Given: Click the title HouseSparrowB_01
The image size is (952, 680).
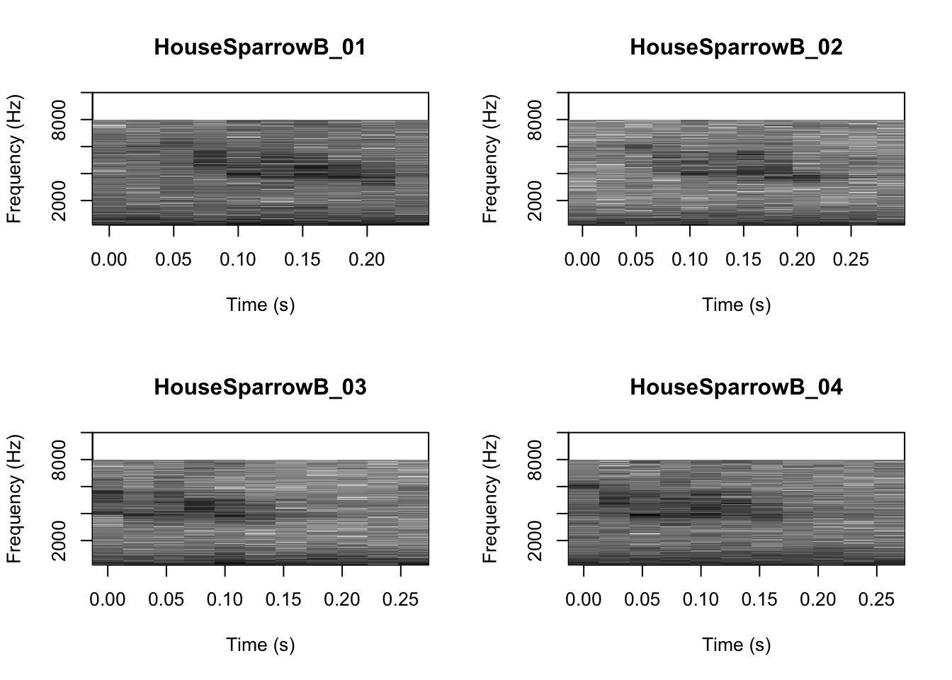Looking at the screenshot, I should [x=260, y=47].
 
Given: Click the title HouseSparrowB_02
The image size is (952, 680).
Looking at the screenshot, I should [x=736, y=47].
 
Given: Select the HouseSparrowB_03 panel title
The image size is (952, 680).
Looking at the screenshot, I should [x=260, y=387].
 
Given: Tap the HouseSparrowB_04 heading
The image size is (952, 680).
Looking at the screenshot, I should [x=736, y=387].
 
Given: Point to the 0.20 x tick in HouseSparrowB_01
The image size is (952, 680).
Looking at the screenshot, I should [x=367, y=259].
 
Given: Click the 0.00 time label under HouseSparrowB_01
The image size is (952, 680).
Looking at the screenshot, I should [x=109, y=259].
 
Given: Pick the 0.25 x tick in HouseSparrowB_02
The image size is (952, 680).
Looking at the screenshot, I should [x=851, y=259].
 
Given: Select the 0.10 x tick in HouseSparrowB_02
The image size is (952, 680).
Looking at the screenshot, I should [x=690, y=259].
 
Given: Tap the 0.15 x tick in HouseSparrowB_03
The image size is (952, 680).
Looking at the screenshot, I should [x=283, y=599].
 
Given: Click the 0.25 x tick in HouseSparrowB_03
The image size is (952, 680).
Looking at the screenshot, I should [x=401, y=599].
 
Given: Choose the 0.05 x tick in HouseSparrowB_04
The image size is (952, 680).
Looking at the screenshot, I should [x=642, y=599].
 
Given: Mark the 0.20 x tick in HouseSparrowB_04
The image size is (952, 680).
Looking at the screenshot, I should [x=817, y=599].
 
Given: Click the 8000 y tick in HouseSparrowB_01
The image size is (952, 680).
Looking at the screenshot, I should [x=59, y=120].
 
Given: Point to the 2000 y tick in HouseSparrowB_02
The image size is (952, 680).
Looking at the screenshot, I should [x=535, y=200].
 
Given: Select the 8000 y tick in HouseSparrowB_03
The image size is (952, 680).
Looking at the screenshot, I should [x=59, y=460].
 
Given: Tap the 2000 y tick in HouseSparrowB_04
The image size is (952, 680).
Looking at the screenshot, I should [x=535, y=540].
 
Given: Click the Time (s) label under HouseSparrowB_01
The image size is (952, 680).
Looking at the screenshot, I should [x=260, y=305].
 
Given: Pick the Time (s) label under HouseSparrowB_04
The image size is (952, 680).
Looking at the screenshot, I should [x=736, y=645].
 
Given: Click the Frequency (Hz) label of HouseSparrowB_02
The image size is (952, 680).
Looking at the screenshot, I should [x=490, y=159].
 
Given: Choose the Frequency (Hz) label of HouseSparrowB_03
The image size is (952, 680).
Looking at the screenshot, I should [x=14, y=499].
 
